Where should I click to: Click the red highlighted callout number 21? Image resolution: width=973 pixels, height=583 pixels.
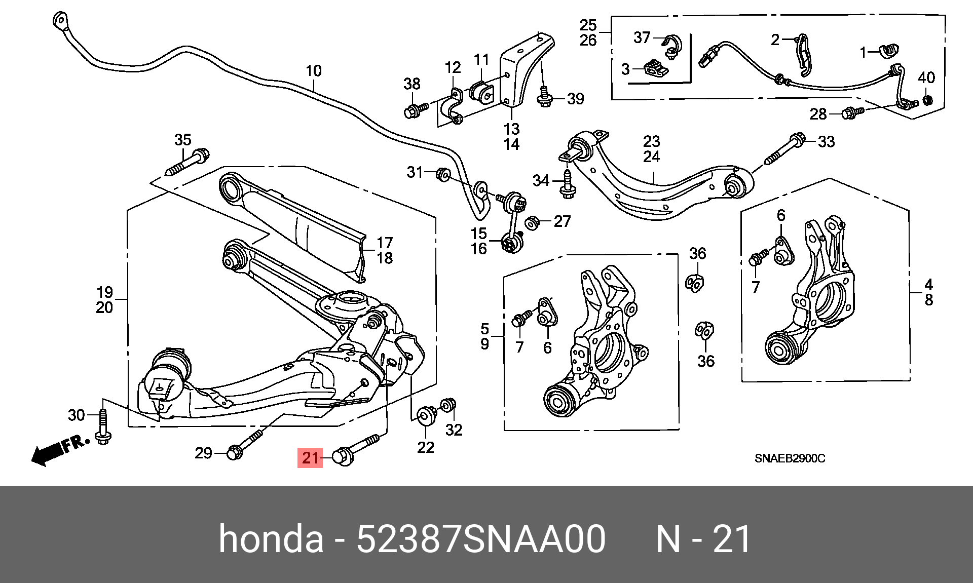click(310, 458)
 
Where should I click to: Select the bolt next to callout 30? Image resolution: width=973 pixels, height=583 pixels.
click(103, 427)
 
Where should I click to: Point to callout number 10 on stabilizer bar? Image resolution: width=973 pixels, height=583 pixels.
click(314, 71)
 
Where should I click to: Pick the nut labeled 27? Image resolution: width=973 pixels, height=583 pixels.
click(532, 222)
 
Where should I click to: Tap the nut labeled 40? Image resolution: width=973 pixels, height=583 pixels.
click(927, 99)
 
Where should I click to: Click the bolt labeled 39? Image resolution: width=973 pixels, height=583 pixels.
click(545, 98)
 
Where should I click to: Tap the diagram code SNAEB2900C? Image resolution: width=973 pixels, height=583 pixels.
click(790, 458)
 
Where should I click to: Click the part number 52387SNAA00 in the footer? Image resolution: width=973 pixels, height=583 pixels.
click(481, 539)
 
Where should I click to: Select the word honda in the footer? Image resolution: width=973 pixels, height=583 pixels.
click(271, 539)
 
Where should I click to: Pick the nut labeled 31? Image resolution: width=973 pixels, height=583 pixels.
click(443, 174)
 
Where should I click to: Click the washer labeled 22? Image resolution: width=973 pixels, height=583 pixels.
click(426, 415)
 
